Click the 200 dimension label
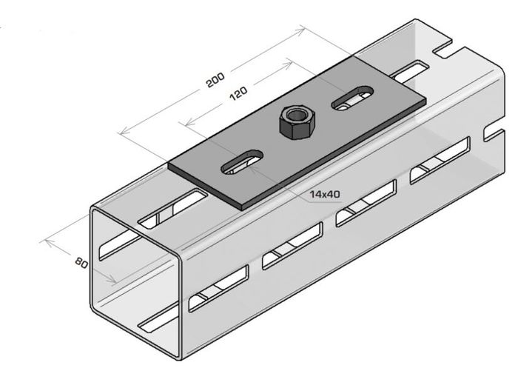click(215, 80)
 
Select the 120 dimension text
click(238, 93)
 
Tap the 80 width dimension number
click(81, 263)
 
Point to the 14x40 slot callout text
click(325, 194)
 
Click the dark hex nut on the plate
click(297, 122)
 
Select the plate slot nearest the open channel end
click(242, 162)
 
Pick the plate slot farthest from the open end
click(352, 98)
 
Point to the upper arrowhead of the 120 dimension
click(289, 64)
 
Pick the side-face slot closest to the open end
click(218, 288)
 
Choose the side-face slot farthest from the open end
click(440, 160)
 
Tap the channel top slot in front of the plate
click(172, 209)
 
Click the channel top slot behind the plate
click(410, 71)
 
